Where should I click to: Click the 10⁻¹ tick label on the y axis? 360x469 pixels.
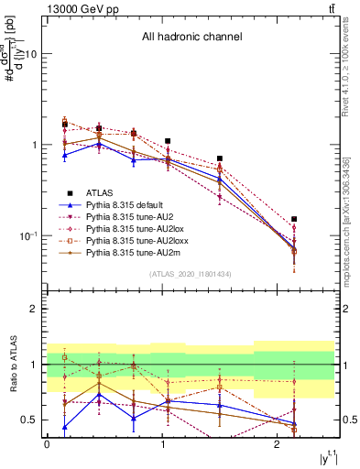[27, 236]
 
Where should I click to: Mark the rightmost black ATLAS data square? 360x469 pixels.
[294, 220]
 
